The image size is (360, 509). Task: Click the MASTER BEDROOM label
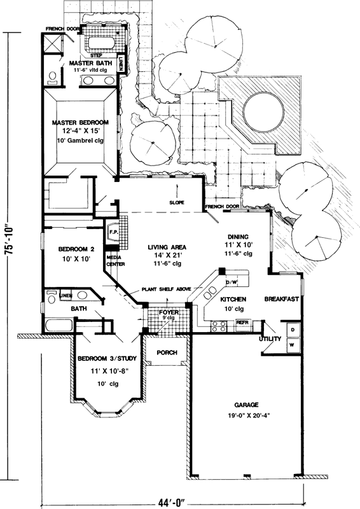(80, 122)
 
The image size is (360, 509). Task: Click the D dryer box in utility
(292, 330)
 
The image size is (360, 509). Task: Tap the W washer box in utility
(292, 344)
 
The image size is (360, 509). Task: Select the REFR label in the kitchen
(242, 323)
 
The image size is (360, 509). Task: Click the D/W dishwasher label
(232, 281)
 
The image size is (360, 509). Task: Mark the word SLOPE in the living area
(176, 203)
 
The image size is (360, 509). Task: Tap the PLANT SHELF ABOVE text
(167, 289)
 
